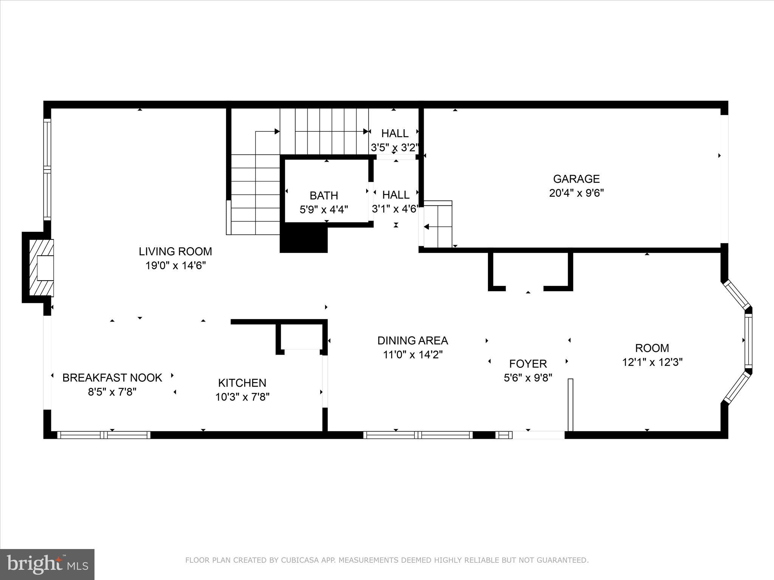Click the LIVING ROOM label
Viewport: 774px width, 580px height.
(175, 251)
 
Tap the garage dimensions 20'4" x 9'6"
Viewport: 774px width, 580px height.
(576, 193)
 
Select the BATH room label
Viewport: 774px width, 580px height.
(324, 196)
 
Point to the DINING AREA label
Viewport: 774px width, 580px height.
(413, 341)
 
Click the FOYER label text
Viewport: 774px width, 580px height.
(528, 364)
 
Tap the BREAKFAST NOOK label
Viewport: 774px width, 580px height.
(112, 378)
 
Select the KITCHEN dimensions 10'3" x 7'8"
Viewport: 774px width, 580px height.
(242, 397)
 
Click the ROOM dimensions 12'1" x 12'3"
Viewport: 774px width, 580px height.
(652, 362)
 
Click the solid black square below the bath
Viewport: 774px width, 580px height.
(303, 238)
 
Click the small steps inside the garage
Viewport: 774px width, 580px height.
(438, 224)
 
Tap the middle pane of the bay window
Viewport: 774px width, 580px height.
(748, 341)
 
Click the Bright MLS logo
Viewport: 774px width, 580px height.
(47, 564)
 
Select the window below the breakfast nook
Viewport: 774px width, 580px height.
(104, 435)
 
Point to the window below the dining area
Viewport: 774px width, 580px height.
(418, 435)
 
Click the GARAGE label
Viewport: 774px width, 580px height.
(576, 179)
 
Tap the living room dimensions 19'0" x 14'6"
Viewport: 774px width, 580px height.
(175, 266)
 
